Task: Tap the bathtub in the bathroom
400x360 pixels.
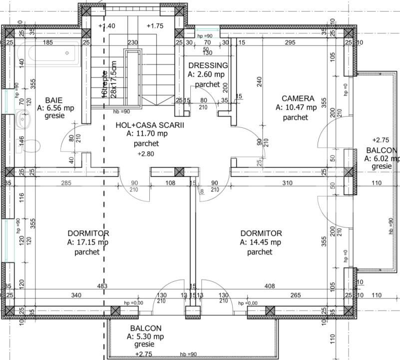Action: point(47,55)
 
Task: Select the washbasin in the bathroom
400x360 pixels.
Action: point(22,120)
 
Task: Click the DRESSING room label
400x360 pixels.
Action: point(208,65)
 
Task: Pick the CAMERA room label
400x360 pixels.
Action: point(298,98)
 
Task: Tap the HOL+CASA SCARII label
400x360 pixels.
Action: point(150,125)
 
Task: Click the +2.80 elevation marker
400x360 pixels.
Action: point(146,154)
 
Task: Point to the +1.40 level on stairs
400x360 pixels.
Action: point(107,26)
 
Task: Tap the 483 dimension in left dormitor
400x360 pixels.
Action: point(102,286)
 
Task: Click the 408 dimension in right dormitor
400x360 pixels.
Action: point(270,286)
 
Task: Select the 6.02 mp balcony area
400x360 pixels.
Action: point(382,158)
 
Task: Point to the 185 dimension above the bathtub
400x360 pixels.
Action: point(47,43)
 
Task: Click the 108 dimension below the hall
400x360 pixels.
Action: point(170,183)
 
